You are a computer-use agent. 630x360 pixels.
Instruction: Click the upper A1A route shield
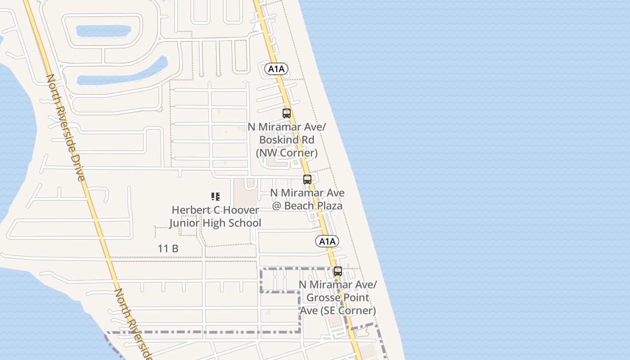[x=276, y=69]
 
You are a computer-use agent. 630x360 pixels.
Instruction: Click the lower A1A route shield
[x=327, y=241]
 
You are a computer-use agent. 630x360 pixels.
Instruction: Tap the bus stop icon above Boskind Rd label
[x=287, y=113]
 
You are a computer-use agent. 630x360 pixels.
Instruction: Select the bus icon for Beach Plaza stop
[x=307, y=180]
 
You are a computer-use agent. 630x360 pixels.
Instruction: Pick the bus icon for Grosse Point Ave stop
[x=338, y=271]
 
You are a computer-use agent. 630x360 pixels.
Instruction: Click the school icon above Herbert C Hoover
[x=215, y=196]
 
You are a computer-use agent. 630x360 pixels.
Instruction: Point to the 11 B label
[x=168, y=248]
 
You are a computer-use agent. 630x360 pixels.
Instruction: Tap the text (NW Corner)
[x=287, y=153]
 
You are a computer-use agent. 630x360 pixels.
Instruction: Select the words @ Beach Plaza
[x=307, y=206]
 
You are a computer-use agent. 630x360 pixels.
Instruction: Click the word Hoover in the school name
[x=242, y=210]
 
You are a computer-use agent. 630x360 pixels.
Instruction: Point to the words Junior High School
[x=215, y=223]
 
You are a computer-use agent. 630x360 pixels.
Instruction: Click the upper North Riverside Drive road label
[x=66, y=127]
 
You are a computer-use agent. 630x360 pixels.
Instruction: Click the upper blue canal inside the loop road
[x=103, y=31]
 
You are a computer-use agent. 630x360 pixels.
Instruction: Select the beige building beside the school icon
[x=245, y=192]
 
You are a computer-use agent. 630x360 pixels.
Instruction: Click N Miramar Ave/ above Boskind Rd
[x=287, y=127]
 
